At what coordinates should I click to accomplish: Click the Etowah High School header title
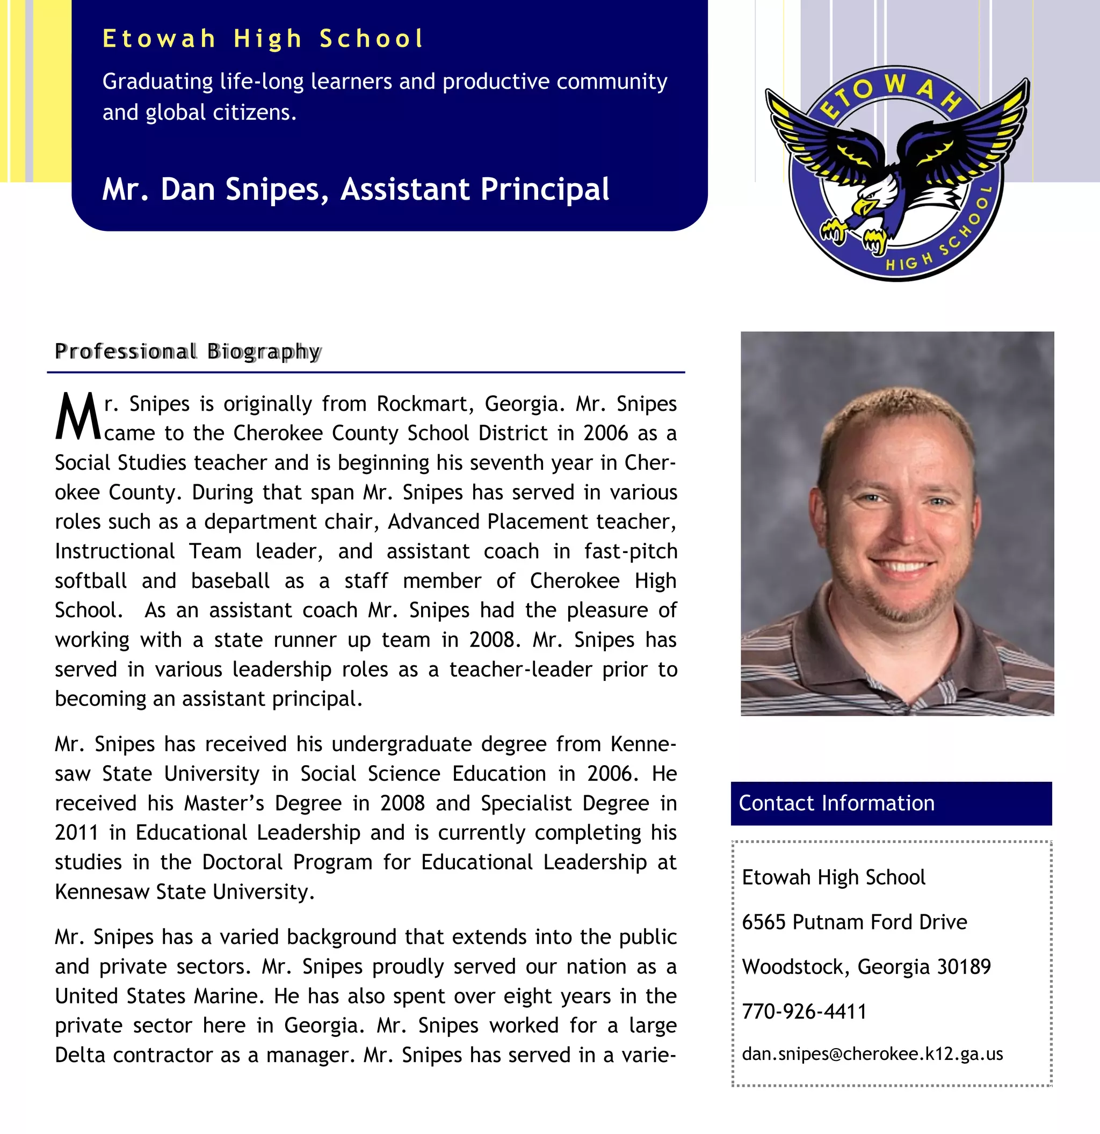(263, 39)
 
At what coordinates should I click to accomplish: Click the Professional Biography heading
(187, 351)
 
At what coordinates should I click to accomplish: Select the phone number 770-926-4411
(804, 1012)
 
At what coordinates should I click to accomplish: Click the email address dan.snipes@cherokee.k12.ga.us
(872, 1053)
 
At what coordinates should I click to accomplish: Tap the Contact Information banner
(891, 803)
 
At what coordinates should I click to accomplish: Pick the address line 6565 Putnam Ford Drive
(854, 922)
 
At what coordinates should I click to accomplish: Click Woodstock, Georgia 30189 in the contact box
(866, 966)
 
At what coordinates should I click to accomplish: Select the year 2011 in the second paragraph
(76, 833)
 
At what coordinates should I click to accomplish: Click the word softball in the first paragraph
(90, 580)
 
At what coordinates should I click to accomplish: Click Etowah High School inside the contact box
(833, 877)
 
